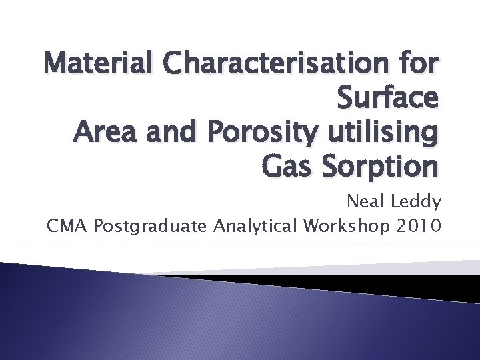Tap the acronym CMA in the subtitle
(67, 227)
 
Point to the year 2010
(417, 227)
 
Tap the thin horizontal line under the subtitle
(240, 245)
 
